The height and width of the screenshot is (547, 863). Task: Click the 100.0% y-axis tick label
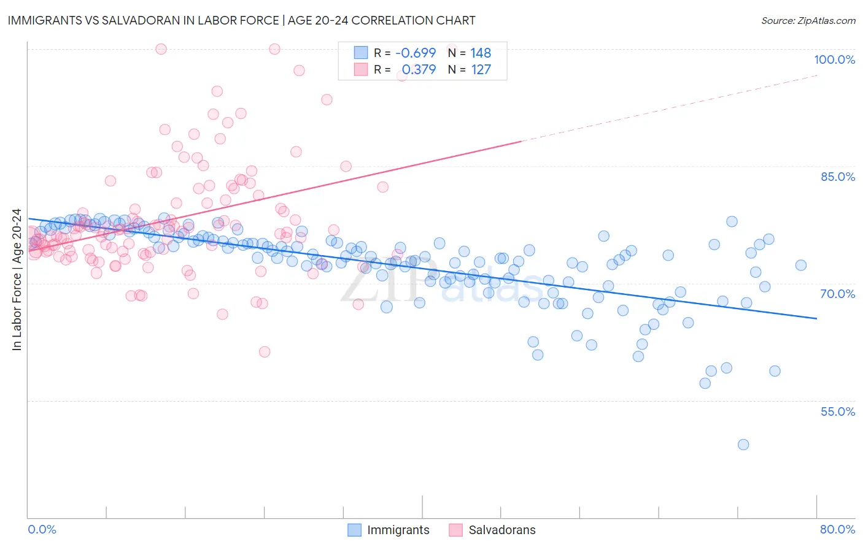[834, 59]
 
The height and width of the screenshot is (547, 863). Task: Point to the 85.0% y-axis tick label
[837, 177]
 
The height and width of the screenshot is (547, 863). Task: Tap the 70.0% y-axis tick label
[837, 294]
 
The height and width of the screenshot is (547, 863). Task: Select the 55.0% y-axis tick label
[837, 411]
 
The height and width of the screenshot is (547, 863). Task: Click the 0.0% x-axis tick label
[42, 529]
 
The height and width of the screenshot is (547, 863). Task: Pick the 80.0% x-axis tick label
[837, 529]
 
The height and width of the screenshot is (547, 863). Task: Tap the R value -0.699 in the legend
[416, 53]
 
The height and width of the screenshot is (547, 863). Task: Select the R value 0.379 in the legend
[419, 69]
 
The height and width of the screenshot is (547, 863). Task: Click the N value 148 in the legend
[481, 53]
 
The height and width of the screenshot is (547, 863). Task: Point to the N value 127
[481, 69]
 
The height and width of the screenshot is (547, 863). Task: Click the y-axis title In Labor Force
[17, 280]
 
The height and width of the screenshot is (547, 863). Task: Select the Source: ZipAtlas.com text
[808, 21]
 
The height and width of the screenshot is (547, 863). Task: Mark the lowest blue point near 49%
[743, 445]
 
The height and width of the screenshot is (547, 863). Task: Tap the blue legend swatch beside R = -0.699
[361, 53]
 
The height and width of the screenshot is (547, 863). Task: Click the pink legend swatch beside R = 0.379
[361, 69]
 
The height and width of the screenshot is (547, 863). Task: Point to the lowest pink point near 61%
[265, 352]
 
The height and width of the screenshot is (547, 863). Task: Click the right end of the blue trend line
[816, 318]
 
